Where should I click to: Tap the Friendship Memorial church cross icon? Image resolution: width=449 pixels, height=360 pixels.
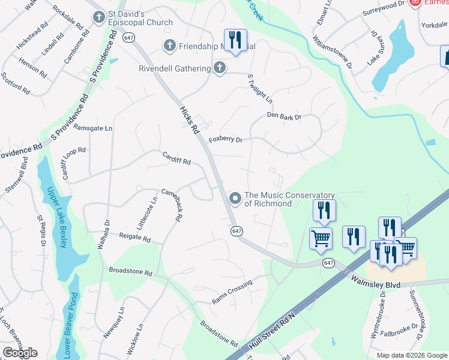(170, 46)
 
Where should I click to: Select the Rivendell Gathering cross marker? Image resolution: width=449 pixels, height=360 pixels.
(220, 68)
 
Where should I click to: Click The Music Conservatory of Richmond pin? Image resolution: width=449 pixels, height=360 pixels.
(235, 198)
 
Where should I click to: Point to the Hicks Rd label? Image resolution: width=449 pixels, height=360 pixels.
(189, 120)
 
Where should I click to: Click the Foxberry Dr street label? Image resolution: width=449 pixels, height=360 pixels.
(225, 140)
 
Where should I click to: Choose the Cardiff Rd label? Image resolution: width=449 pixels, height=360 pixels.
(176, 158)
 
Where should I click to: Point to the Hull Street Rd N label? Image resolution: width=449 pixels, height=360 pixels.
(273, 332)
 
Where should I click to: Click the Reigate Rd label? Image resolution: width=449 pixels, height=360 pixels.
(134, 238)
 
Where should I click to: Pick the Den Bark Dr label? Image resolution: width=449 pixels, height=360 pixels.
(284, 117)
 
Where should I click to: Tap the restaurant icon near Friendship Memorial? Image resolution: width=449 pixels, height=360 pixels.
(235, 40)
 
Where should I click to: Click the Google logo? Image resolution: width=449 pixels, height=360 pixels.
(20, 353)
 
